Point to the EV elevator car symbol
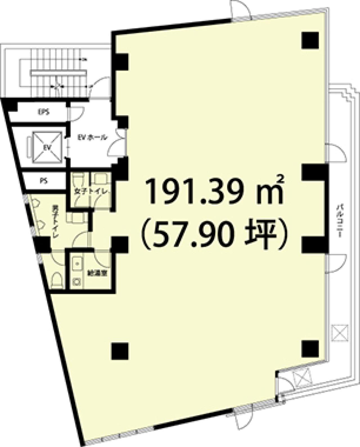(47, 147)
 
